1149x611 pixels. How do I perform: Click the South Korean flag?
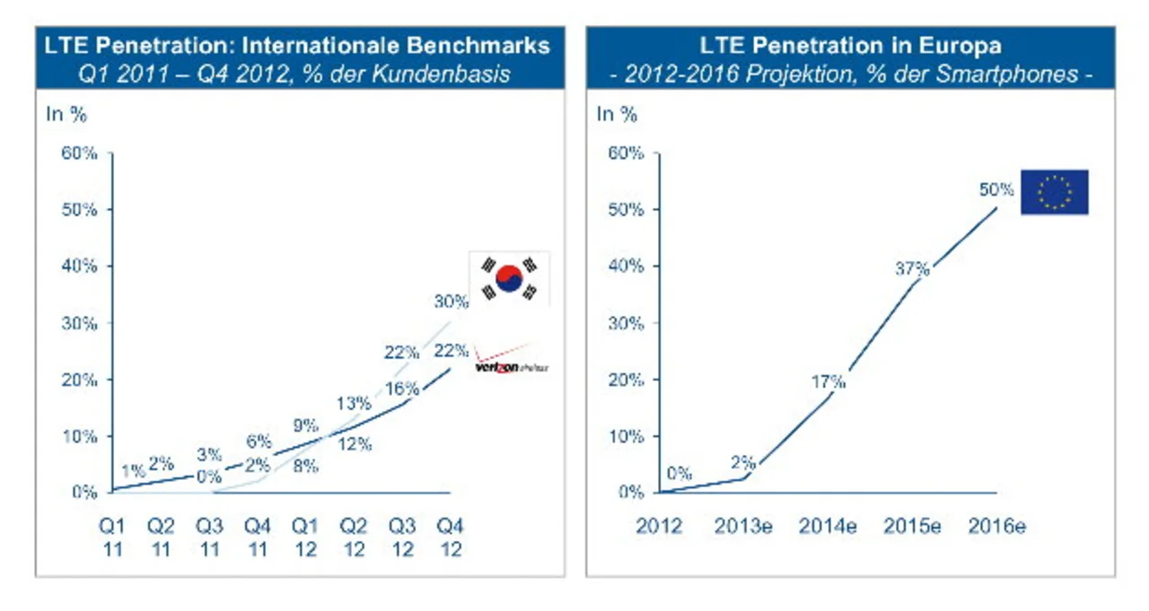[509, 279]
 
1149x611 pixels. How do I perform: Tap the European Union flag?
[1054, 192]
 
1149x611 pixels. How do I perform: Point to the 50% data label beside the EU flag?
[996, 189]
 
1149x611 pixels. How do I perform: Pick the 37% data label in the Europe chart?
[911, 268]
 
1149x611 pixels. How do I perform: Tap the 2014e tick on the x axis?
[827, 526]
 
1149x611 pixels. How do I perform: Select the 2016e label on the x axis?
[996, 526]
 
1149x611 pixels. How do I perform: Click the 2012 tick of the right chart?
[659, 526]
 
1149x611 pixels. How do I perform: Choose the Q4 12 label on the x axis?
[452, 536]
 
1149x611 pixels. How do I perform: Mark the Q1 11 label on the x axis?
[112, 536]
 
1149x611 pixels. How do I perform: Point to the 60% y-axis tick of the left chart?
[78, 153]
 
